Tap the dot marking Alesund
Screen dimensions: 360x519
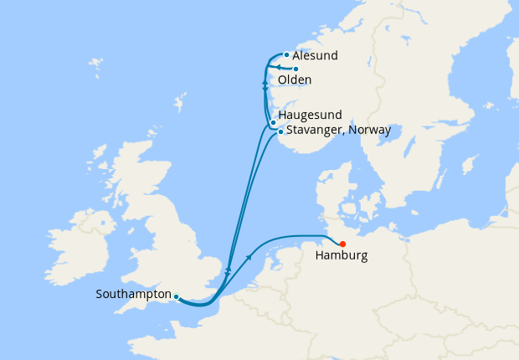click(286, 55)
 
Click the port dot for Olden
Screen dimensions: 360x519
click(296, 69)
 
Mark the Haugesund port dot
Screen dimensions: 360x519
click(273, 123)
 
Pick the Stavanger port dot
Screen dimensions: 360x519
click(280, 131)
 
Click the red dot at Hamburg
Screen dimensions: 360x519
click(343, 244)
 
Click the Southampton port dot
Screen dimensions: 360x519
click(176, 296)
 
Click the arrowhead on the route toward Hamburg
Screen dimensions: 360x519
click(249, 257)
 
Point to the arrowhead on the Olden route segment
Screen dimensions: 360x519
click(278, 69)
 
